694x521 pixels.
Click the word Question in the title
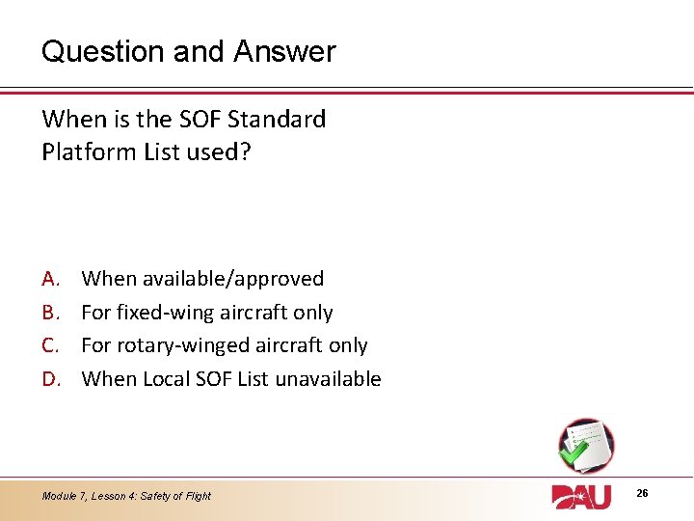[x=103, y=51]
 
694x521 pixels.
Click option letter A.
[x=51, y=279]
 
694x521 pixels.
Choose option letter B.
[x=51, y=313]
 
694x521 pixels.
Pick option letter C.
[x=51, y=345]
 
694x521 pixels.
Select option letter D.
[x=52, y=379]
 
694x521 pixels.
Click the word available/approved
[x=232, y=279]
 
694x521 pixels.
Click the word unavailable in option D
[x=329, y=379]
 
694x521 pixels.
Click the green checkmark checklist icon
[x=584, y=445]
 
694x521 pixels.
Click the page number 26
[x=642, y=494]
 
